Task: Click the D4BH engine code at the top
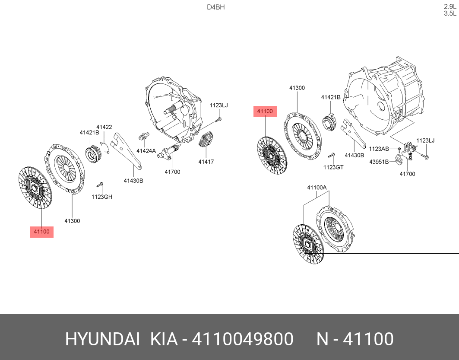coord(215,7)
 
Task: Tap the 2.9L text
coord(450,6)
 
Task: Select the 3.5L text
coord(450,13)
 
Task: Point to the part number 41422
coord(104,127)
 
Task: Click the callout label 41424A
coord(146,151)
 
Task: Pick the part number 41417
coord(206,162)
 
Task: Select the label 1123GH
coord(101,197)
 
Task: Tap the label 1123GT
coord(333,167)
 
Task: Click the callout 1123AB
coord(379,149)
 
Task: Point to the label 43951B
coord(379,162)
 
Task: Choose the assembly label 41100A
coord(317,187)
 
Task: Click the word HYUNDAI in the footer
coord(102,340)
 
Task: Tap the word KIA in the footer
coord(164,340)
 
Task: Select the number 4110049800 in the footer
coord(242,340)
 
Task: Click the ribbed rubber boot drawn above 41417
coord(206,140)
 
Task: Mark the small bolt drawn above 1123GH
coord(100,185)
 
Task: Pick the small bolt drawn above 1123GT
coord(331,156)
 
